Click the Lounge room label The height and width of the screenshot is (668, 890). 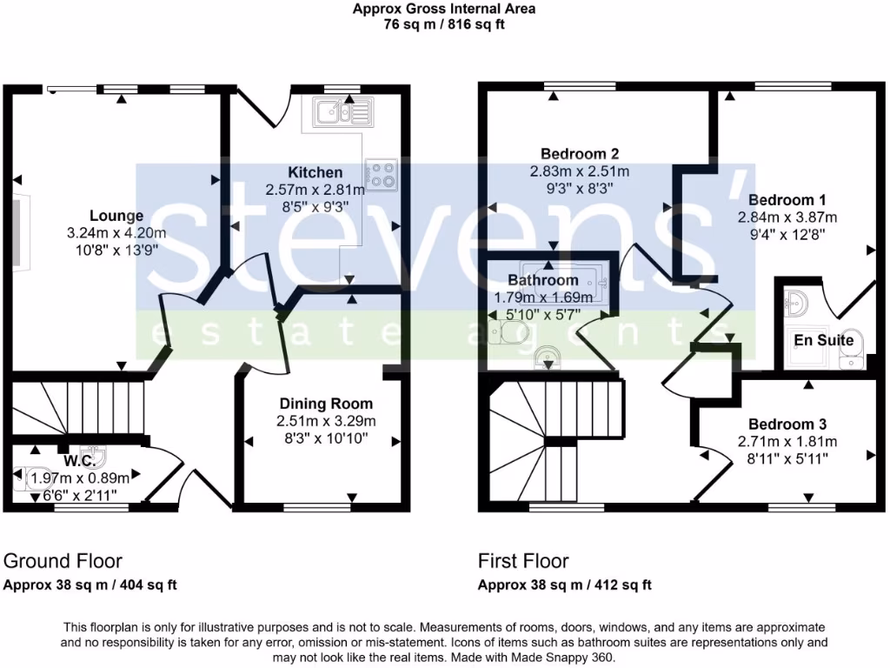[x=116, y=216]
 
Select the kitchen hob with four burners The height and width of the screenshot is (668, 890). [x=382, y=175]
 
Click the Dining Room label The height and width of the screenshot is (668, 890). [x=326, y=404]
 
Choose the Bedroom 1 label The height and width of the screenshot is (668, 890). [x=781, y=199]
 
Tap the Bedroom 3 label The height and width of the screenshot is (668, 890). [x=787, y=424]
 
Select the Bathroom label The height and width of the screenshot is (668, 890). [x=543, y=280]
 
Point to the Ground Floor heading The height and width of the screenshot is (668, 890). [x=63, y=561]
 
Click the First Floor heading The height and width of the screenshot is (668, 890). [x=523, y=561]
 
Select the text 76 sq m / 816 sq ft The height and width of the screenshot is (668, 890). [x=444, y=24]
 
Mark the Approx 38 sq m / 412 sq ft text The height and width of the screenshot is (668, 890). [x=565, y=585]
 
